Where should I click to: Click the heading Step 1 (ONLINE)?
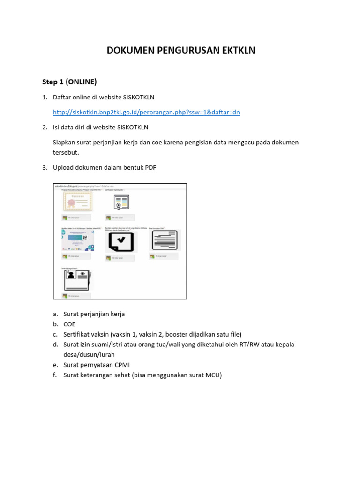[x=69, y=82]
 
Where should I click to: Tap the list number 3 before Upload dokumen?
[x=45, y=168]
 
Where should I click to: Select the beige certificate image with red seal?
[x=78, y=202]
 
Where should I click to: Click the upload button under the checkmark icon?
[x=120, y=258]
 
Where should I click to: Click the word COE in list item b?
[x=69, y=324]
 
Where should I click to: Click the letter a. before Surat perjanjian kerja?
[x=55, y=314]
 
